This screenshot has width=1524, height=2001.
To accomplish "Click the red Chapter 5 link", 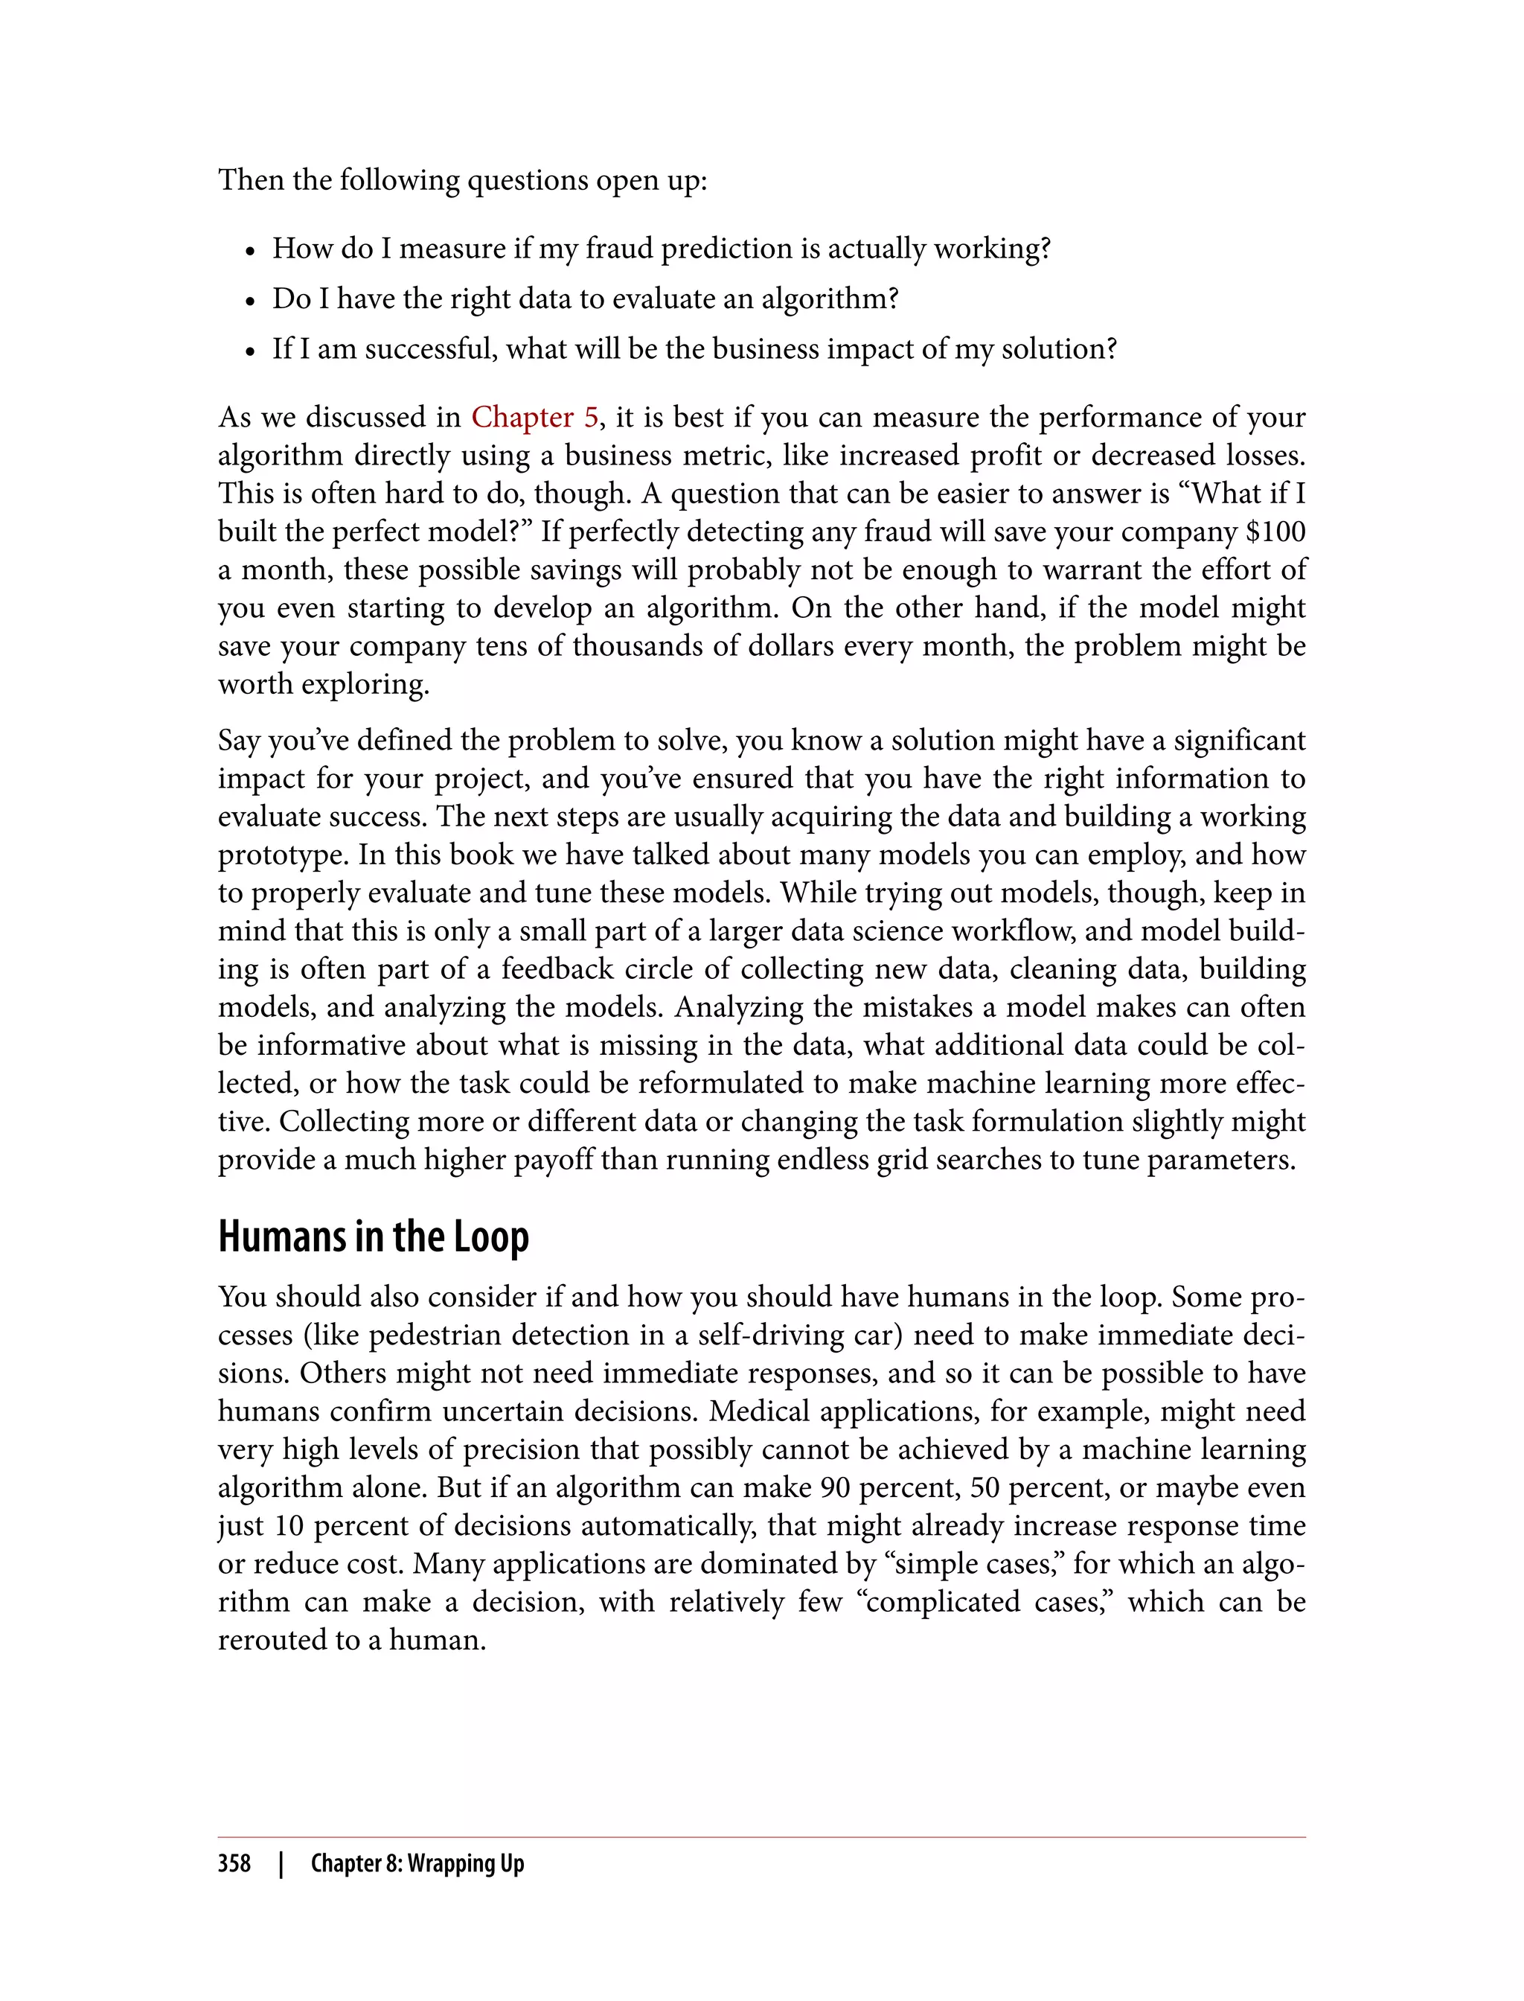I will pyautogui.click(x=534, y=418).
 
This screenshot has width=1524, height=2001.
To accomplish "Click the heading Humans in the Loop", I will pyautogui.click(x=373, y=1237).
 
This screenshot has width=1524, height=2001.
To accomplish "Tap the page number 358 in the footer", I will pyautogui.click(x=234, y=1863).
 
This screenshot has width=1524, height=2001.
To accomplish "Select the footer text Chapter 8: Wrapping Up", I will pyautogui.click(x=417, y=1863).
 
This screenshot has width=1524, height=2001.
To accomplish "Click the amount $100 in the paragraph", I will pyautogui.click(x=1275, y=532).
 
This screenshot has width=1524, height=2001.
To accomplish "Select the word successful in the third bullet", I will pyautogui.click(x=431, y=349).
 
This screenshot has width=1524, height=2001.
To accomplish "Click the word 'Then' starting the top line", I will pyautogui.click(x=250, y=181).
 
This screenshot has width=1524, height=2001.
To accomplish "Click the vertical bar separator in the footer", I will pyautogui.click(x=281, y=1863).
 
